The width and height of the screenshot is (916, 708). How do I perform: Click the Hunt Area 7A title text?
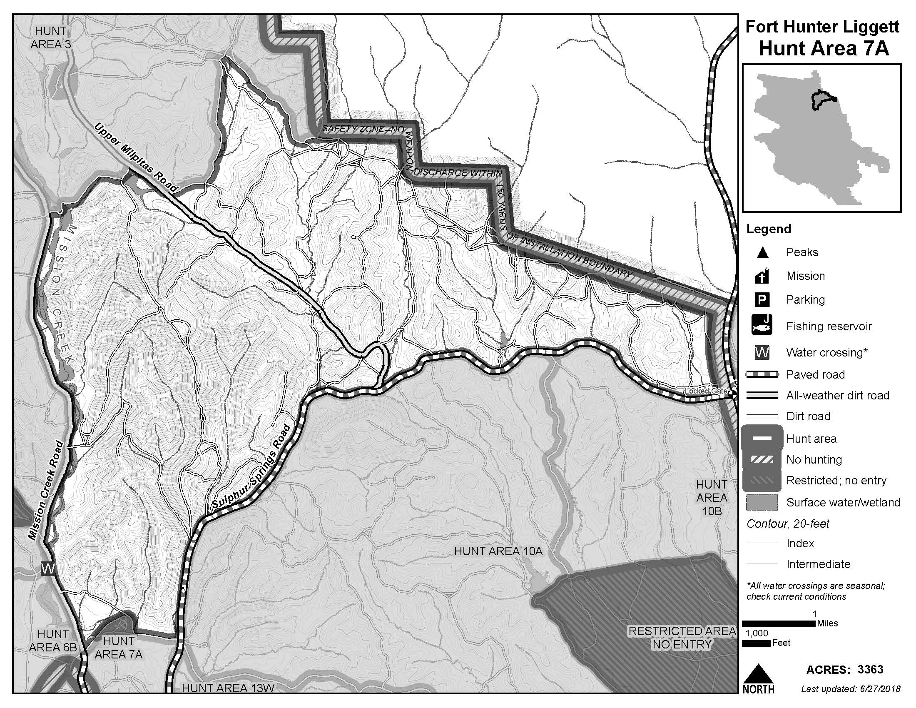tap(823, 49)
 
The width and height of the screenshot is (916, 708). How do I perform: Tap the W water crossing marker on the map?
tap(48, 569)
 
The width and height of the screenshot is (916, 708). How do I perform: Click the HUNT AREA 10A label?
tap(498, 551)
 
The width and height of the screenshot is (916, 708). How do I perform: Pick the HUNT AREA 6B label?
tap(53, 641)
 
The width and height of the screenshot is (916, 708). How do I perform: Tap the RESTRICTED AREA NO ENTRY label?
tap(682, 638)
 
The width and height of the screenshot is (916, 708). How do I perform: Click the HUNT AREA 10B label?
tap(712, 497)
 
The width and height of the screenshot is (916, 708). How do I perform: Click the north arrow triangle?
tap(758, 673)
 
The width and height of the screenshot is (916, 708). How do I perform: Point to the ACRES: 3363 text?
tap(845, 669)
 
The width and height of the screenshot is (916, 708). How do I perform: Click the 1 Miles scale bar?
tap(779, 623)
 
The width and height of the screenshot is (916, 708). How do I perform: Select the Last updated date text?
tap(851, 689)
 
